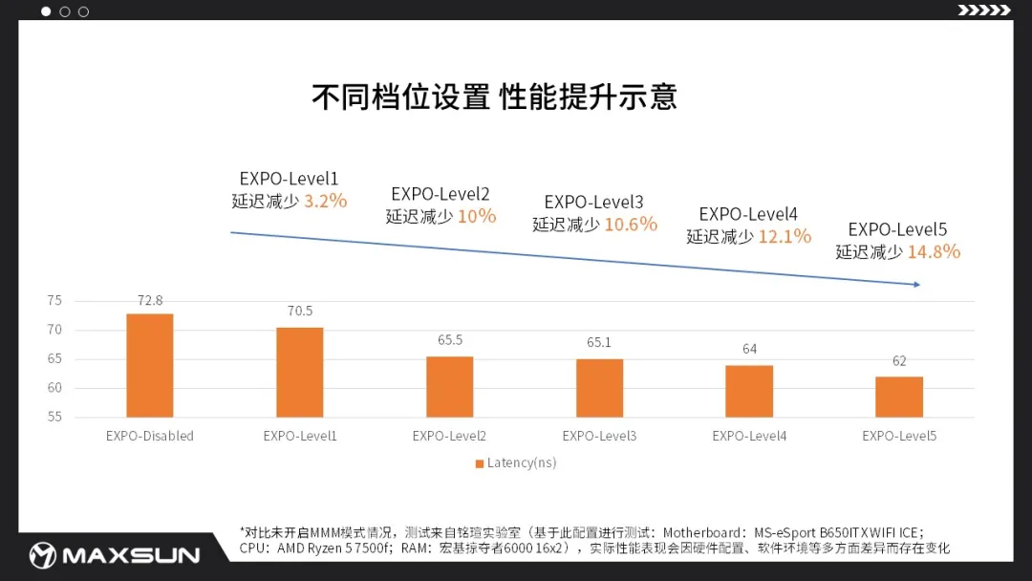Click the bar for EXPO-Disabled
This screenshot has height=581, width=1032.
click(150, 365)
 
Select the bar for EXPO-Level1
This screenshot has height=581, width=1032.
click(300, 372)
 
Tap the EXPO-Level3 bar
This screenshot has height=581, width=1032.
click(599, 387)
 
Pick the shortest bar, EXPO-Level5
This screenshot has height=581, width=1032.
click(899, 397)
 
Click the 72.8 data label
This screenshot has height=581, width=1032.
click(150, 300)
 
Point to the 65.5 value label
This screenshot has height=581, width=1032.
click(449, 339)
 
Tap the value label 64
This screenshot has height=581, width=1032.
click(749, 349)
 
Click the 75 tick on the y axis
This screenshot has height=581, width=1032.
click(54, 301)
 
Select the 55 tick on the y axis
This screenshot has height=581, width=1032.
click(54, 417)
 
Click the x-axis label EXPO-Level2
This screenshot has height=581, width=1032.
click(449, 436)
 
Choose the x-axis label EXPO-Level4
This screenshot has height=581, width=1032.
click(749, 436)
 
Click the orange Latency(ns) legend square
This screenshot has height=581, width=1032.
click(480, 463)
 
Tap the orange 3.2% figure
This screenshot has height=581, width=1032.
click(325, 201)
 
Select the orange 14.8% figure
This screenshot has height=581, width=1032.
click(934, 251)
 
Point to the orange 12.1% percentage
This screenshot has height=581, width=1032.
click(785, 235)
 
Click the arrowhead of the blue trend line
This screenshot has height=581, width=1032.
click(915, 284)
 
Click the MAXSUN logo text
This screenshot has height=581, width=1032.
click(129, 555)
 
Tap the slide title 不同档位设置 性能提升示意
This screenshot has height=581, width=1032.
click(494, 97)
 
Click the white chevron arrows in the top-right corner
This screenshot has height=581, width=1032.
click(984, 11)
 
